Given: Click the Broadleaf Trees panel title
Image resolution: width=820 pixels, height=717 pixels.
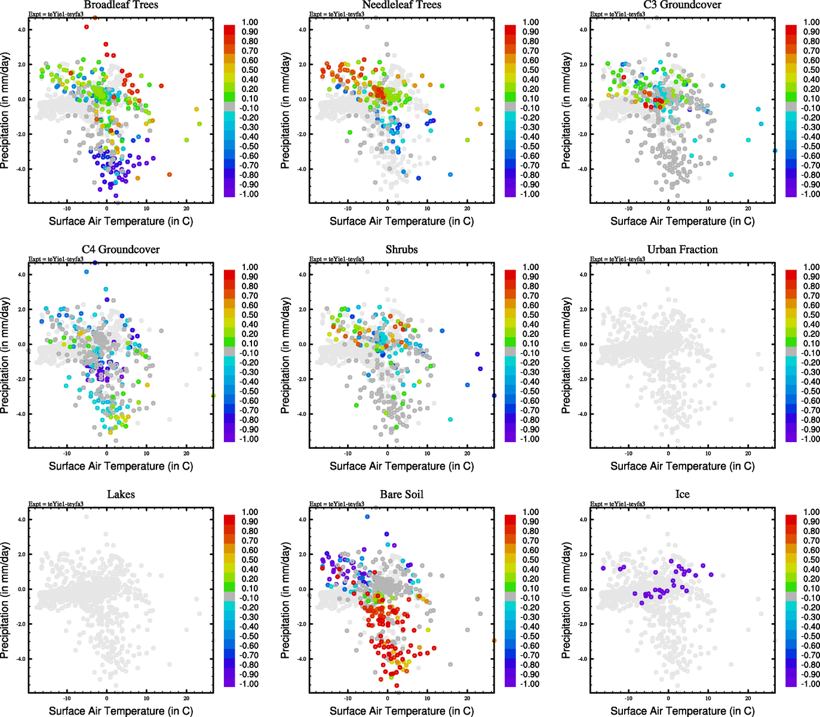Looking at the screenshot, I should click(x=121, y=5).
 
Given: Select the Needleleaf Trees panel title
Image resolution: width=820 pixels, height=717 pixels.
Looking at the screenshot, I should click(x=401, y=5).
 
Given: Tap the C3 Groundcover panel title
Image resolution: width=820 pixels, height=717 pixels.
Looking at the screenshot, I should click(x=682, y=5).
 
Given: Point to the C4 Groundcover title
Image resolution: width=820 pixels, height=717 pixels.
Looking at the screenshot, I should click(x=121, y=250).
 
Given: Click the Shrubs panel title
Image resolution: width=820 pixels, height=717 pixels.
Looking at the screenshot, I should click(x=401, y=250).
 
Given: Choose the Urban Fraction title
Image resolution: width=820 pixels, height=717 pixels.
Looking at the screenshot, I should click(x=682, y=250).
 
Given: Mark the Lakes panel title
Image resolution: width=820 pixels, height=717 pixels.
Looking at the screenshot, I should click(x=121, y=495).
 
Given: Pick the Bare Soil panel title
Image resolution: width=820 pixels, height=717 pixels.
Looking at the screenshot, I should click(x=401, y=495).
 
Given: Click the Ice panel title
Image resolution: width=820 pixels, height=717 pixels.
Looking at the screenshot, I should click(x=682, y=495).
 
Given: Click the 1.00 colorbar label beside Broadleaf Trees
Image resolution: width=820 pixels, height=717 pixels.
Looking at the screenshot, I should click(x=250, y=22).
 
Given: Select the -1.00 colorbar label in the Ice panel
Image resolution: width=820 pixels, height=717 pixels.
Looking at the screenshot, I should click(x=810, y=684).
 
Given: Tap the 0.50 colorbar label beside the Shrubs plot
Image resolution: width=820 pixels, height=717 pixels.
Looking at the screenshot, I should click(x=531, y=315).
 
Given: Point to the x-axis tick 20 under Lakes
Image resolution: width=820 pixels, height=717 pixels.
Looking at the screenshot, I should click(x=186, y=698).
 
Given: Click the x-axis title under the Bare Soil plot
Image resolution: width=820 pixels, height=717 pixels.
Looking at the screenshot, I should click(x=401, y=711).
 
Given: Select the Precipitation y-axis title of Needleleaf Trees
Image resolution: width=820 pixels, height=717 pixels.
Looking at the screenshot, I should click(x=285, y=111).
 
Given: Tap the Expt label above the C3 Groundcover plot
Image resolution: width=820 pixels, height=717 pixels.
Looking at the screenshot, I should click(x=618, y=14).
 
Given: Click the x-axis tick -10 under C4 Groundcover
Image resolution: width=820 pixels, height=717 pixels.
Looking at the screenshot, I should click(x=67, y=454).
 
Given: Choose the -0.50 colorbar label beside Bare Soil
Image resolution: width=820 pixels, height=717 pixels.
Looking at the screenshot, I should click(x=530, y=636).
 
